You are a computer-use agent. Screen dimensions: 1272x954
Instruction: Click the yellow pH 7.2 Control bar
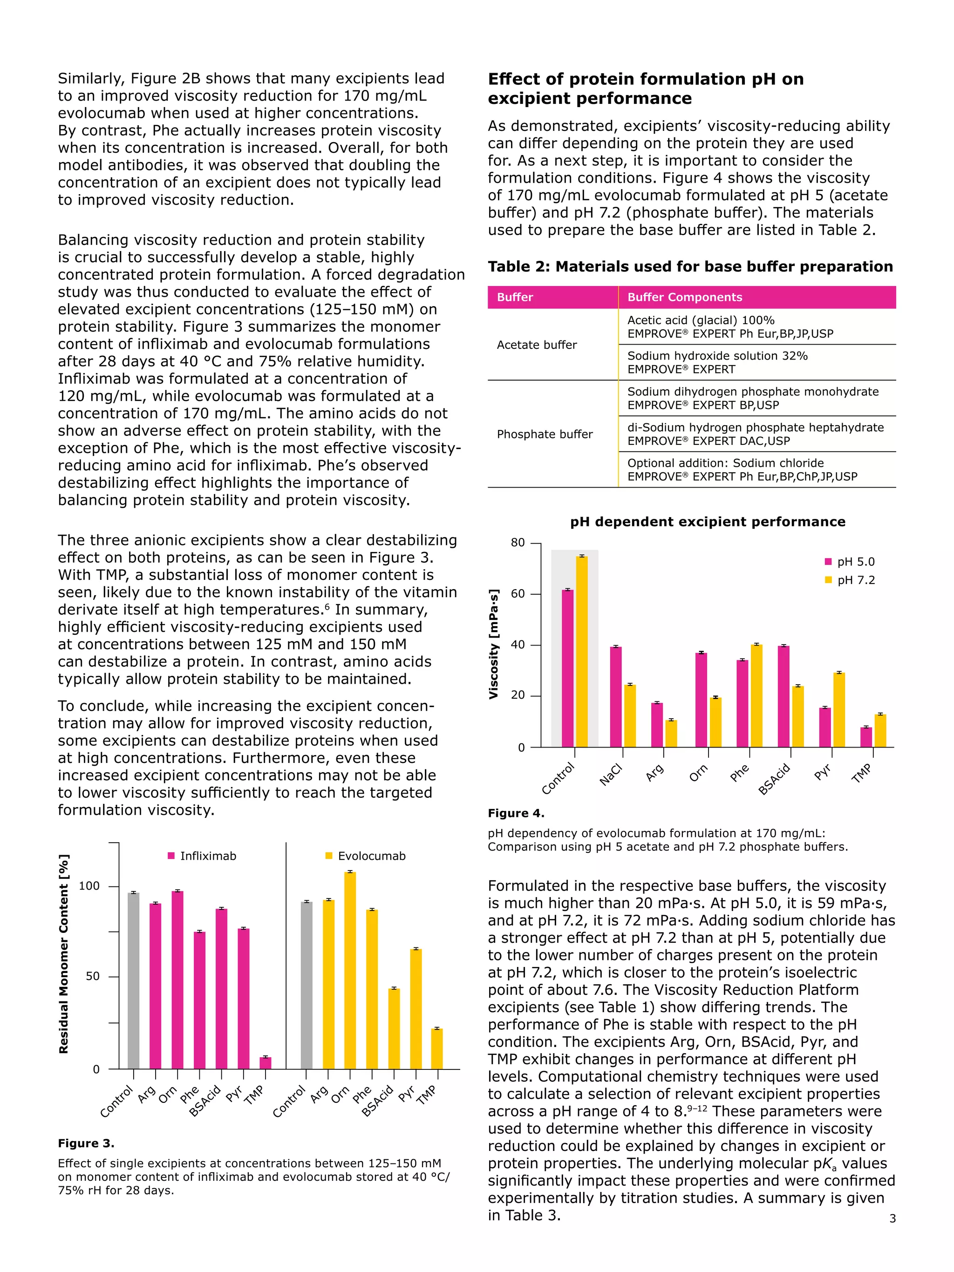[x=581, y=652]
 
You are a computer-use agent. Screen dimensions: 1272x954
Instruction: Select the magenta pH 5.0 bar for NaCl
[x=616, y=697]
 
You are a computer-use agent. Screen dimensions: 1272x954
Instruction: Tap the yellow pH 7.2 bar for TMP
[x=880, y=730]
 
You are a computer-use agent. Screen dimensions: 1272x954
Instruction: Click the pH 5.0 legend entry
[x=849, y=562]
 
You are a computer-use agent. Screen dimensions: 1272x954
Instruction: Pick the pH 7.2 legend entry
[x=849, y=580]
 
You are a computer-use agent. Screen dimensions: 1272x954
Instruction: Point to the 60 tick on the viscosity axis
[x=518, y=594]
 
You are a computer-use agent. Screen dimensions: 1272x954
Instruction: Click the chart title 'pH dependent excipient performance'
[x=707, y=522]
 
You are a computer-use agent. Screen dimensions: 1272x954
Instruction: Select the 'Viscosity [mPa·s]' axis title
[x=493, y=644]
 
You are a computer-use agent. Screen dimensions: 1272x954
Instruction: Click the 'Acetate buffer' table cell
[x=537, y=345]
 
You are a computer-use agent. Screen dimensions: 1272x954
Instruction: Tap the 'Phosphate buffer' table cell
[x=544, y=434]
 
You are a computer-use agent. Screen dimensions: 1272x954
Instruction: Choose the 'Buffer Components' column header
[x=684, y=297]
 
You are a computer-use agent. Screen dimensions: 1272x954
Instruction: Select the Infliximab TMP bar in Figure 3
[x=265, y=1063]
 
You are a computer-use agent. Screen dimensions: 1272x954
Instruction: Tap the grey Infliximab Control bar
[x=133, y=980]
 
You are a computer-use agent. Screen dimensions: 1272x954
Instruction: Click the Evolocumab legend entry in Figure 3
[x=365, y=856]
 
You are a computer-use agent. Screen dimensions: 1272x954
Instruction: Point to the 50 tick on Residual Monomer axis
[x=93, y=976]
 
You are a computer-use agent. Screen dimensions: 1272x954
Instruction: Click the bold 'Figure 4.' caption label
[x=516, y=813]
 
